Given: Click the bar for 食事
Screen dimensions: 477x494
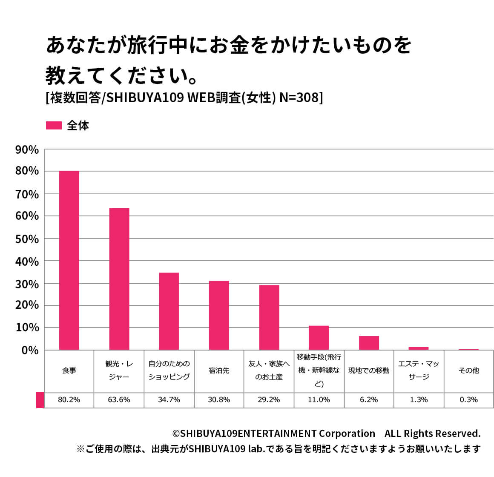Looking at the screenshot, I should click(x=69, y=260).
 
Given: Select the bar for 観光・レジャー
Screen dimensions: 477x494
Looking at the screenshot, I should click(x=119, y=279).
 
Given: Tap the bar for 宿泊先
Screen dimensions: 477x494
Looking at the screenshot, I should click(x=219, y=315).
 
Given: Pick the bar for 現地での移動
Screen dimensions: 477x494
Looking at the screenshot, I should click(x=369, y=343).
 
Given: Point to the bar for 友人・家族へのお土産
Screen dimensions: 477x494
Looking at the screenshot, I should click(x=269, y=317).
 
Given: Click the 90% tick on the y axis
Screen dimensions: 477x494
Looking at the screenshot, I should click(x=27, y=149).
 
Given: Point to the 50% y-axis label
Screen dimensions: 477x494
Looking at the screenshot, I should click(x=27, y=239).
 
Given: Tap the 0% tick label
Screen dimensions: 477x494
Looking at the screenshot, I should click(x=30, y=350).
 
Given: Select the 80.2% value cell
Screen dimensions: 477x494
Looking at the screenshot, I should click(x=69, y=399).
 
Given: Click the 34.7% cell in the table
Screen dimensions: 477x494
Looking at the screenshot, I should click(x=169, y=399).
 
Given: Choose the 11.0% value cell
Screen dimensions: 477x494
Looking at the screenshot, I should click(x=319, y=399).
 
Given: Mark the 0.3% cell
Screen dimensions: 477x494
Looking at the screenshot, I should click(x=468, y=399).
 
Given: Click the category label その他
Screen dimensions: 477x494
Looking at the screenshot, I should click(x=468, y=371).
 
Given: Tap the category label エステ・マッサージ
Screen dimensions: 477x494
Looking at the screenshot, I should click(x=419, y=371).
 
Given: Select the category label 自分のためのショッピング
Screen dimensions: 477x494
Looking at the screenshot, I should click(x=169, y=371).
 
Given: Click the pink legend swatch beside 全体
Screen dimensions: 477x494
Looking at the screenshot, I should click(x=54, y=126).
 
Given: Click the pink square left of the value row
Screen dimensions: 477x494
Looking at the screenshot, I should click(x=40, y=399).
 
